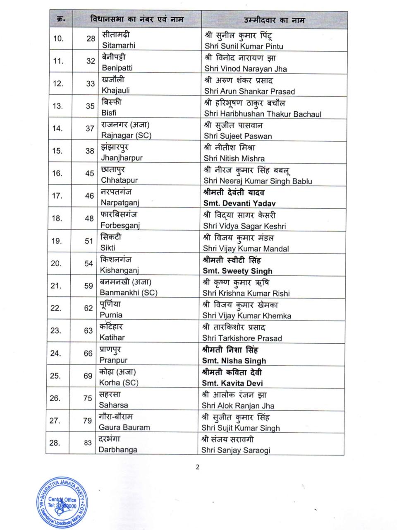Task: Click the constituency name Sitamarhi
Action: click(x=118, y=45)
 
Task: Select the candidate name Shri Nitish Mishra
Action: click(x=234, y=158)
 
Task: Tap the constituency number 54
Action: click(x=88, y=263)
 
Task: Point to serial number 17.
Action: click(x=57, y=196)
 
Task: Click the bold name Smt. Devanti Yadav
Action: click(x=239, y=203)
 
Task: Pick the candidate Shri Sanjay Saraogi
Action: click(x=236, y=450)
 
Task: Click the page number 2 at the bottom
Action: click(x=197, y=467)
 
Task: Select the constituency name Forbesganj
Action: click(x=120, y=225)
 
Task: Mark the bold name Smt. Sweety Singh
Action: click(x=237, y=271)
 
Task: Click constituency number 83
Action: click(x=88, y=443)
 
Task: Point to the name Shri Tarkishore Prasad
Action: click(x=242, y=338)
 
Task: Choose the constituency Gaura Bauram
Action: click(x=124, y=427)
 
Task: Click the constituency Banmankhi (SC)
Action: click(x=128, y=292)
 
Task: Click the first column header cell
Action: click(x=60, y=19)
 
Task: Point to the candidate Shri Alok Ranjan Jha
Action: click(x=238, y=405)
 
